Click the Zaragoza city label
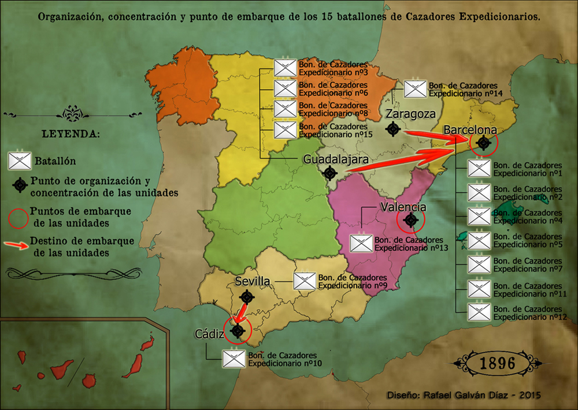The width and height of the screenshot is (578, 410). pos(411,114)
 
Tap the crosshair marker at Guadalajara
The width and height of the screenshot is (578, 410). pos(330,173)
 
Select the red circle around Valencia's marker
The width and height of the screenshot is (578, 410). pos(411,220)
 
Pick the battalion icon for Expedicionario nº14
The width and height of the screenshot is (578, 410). pos(415,89)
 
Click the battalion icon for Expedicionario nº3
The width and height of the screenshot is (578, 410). pos(285,68)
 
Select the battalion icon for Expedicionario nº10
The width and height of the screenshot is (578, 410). pos(234,358)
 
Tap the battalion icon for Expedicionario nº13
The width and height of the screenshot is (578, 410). pos(362,243)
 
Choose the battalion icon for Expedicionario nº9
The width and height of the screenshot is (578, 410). pos(304,281)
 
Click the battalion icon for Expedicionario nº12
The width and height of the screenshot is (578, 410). pos(479,312)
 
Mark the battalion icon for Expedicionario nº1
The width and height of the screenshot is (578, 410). pos(479,169)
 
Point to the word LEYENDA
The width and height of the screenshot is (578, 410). pos(70,134)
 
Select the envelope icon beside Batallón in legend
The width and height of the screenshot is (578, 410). pos(20,159)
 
